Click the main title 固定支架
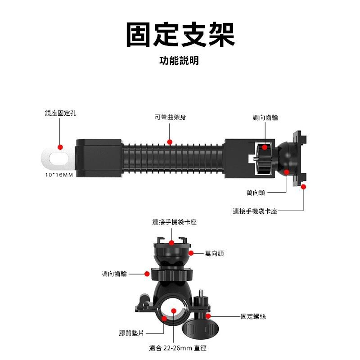pos(180,35)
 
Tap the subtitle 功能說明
pos(179,61)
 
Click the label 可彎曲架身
pos(170,117)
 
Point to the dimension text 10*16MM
pos(59,174)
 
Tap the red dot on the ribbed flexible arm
pos(170,142)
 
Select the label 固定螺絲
pos(253,317)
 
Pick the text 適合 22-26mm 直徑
pos(178,348)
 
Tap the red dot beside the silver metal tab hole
pos(60,147)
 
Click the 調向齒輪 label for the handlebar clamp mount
pos(114,274)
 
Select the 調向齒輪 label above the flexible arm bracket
pos(265,117)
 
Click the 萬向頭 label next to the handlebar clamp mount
pos(214,254)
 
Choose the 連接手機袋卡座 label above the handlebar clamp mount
pos(175,222)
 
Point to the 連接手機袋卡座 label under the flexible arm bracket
pos(255,211)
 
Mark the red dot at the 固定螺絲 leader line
pos(208,316)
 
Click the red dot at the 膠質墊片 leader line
pos(164,319)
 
